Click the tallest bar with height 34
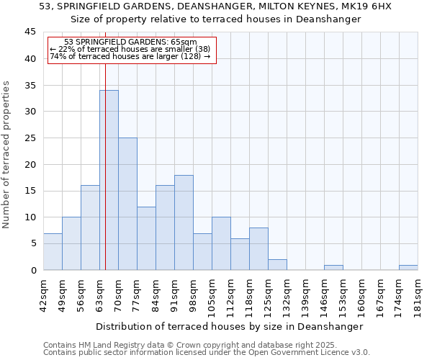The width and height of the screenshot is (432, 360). pyautogui.click(x=109, y=180)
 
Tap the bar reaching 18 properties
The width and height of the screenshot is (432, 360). pyautogui.click(x=184, y=222)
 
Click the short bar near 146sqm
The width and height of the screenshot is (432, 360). pyautogui.click(x=333, y=267)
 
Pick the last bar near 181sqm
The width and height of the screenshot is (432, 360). pyautogui.click(x=408, y=267)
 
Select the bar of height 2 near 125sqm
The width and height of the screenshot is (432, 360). pyautogui.click(x=277, y=264)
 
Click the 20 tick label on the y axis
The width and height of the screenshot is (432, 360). pyautogui.click(x=30, y=164)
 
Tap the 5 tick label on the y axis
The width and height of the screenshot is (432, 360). pyautogui.click(x=33, y=243)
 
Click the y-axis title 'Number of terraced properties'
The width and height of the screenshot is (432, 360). pyautogui.click(x=6, y=154)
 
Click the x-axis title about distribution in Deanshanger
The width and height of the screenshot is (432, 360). pyautogui.click(x=229, y=326)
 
